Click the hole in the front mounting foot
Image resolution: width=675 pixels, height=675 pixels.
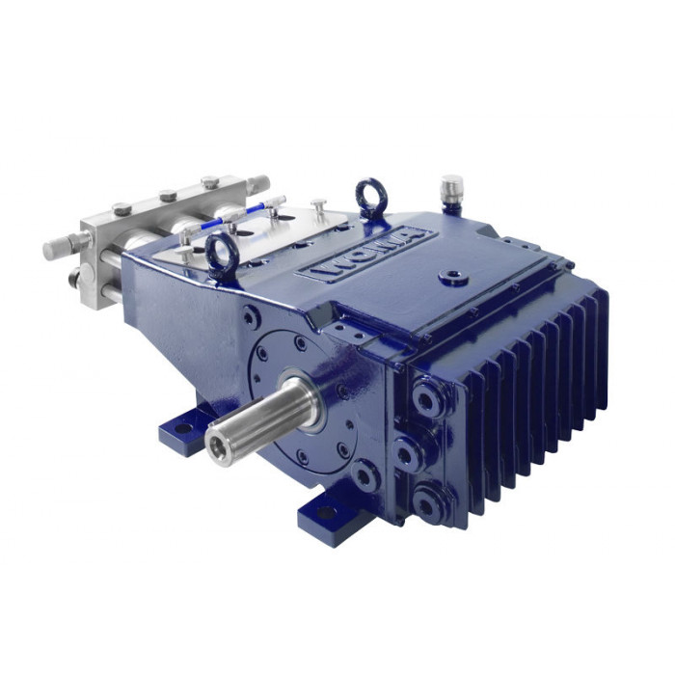pyautogui.click(x=326, y=512)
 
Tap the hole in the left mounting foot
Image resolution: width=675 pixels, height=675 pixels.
pyautogui.click(x=183, y=428)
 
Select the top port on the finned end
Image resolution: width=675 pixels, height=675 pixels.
pyautogui.click(x=426, y=399)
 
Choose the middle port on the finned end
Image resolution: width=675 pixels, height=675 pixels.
pyautogui.click(x=406, y=453)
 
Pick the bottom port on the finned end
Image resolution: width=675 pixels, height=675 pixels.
pyautogui.click(x=426, y=503)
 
